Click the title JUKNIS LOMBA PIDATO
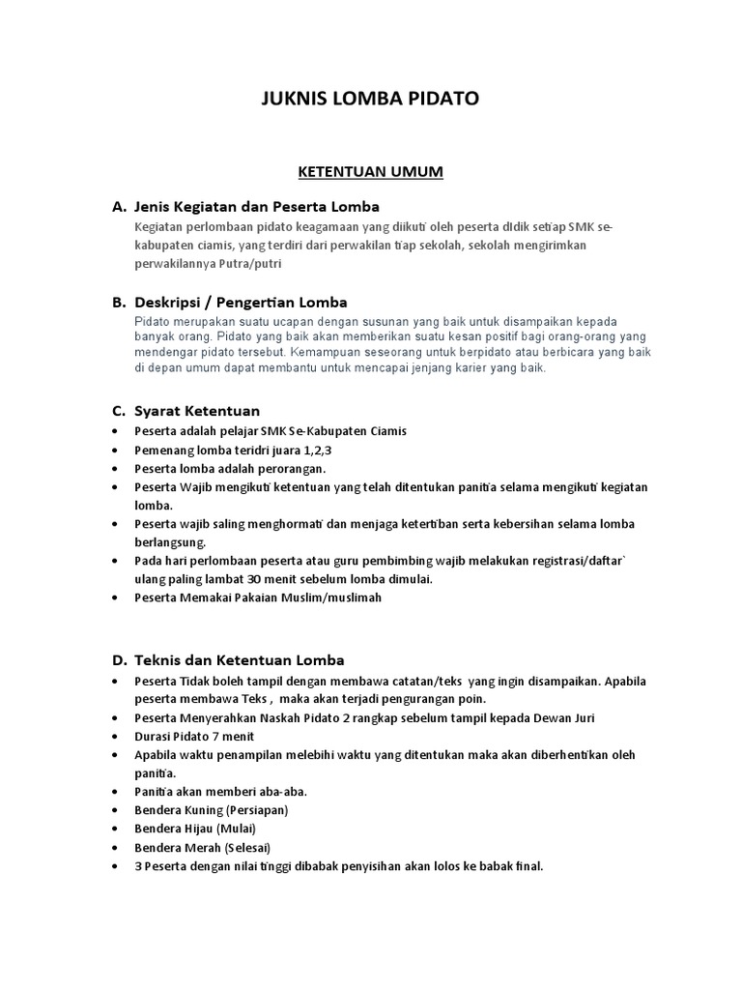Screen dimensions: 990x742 [370, 100]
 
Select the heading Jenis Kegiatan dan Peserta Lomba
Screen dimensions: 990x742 [257, 207]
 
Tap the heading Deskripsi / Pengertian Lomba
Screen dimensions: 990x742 [241, 302]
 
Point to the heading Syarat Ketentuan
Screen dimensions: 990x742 [197, 411]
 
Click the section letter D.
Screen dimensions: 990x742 [119, 660]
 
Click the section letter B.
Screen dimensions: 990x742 [119, 302]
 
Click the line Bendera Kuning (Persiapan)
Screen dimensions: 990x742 [212, 809]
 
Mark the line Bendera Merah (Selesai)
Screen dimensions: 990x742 [203, 847]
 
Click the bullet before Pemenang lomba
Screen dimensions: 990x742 [117, 451]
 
